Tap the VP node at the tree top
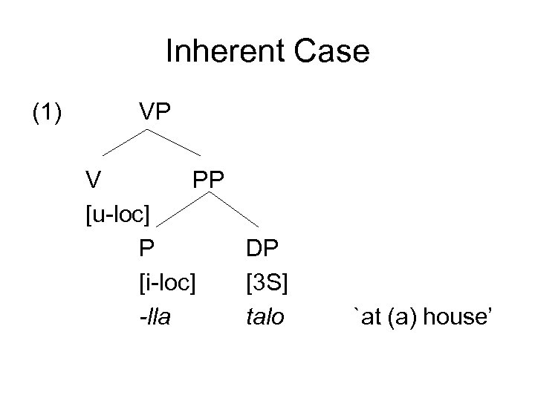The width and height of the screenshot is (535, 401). point(155,113)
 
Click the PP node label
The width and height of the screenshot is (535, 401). point(210,179)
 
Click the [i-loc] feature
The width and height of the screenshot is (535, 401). point(167,283)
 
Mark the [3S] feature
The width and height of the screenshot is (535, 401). point(267,283)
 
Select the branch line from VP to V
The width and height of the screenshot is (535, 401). point(125,143)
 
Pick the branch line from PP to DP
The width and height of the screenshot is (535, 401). point(236,209)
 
